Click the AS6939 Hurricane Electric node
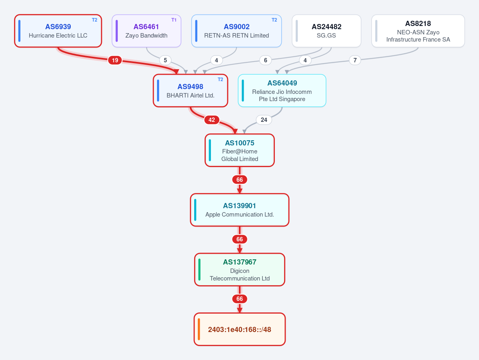click(58, 31)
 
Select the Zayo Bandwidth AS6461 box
click(146, 31)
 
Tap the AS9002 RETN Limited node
click(237, 31)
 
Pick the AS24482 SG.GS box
click(326, 31)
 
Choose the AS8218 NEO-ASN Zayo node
click(418, 31)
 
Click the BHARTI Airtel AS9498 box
click(190, 91)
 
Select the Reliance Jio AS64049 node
click(282, 91)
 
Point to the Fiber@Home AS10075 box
click(240, 150)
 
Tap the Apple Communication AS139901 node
click(240, 210)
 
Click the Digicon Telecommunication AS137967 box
click(240, 270)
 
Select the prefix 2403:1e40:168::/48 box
click(240, 330)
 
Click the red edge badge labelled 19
click(115, 60)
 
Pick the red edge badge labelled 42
click(212, 120)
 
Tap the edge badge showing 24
click(264, 120)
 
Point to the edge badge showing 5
click(165, 60)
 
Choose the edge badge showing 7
click(355, 60)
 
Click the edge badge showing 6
click(265, 60)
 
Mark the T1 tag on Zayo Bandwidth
click(174, 20)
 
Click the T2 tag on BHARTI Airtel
click(220, 80)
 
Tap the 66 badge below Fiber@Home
click(240, 180)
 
